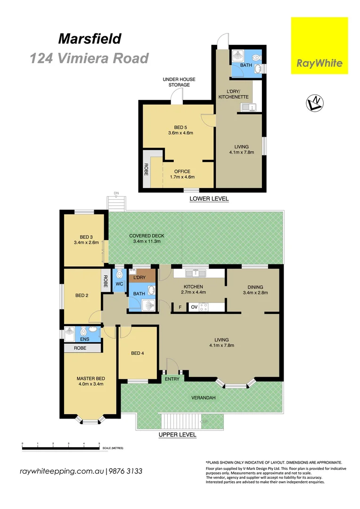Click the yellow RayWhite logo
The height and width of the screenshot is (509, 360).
tap(319, 46)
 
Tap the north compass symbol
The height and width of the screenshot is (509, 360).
tap(314, 103)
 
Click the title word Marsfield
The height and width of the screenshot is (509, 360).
tap(90, 39)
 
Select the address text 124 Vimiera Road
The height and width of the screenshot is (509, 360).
tap(89, 58)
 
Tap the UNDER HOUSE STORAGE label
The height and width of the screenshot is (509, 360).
tap(179, 82)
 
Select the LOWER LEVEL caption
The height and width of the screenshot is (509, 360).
tap(209, 199)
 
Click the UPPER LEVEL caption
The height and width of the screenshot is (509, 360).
tap(177, 435)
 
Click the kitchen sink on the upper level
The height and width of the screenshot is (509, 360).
tap(195, 273)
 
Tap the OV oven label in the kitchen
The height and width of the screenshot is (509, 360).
tap(194, 307)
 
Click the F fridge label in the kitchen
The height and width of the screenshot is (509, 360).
tap(180, 307)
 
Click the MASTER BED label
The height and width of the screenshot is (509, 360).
tap(90, 381)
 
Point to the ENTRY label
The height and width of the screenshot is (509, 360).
tap(172, 378)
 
